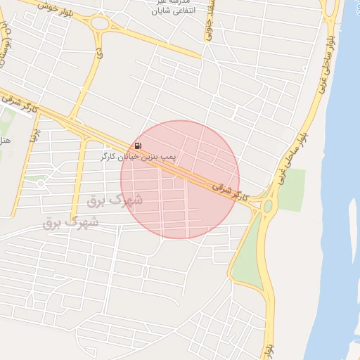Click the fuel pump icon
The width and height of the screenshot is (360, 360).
(138, 146)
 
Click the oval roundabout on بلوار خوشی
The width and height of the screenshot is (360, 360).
(98, 23)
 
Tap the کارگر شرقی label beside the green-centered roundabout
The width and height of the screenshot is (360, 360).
(230, 190)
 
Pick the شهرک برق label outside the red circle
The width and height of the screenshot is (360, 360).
(70, 223)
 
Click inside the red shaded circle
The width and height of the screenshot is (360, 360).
(180, 179)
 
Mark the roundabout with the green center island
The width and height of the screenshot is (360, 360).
(268, 206)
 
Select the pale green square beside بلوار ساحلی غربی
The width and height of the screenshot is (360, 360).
(291, 190)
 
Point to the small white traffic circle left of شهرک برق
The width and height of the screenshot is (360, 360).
(41, 184)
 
